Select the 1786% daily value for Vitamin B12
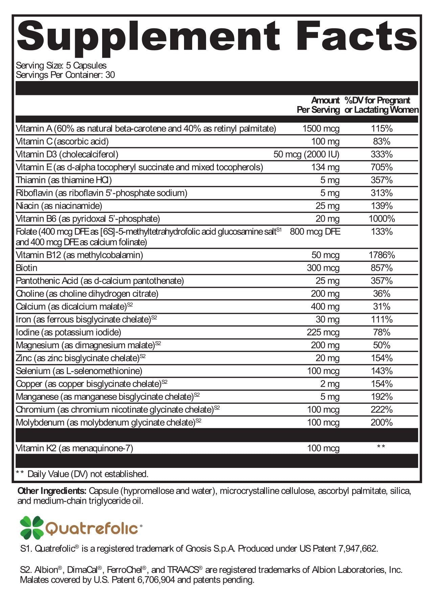click(x=382, y=255)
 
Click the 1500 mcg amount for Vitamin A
click(x=321, y=129)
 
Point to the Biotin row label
click(x=27, y=268)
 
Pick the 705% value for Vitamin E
click(x=382, y=167)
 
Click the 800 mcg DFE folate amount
click(x=315, y=232)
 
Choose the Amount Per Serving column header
click(x=318, y=105)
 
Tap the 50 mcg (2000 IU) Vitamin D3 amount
click(x=306, y=154)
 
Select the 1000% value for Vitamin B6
click(x=382, y=219)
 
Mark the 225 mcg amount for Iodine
click(x=323, y=332)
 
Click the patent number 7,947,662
click(x=357, y=549)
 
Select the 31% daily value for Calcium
click(x=382, y=307)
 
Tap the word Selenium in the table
click(x=33, y=371)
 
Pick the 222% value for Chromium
click(x=382, y=410)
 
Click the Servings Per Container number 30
click(x=110, y=75)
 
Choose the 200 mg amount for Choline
click(x=325, y=294)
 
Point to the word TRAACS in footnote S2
click(x=182, y=570)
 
